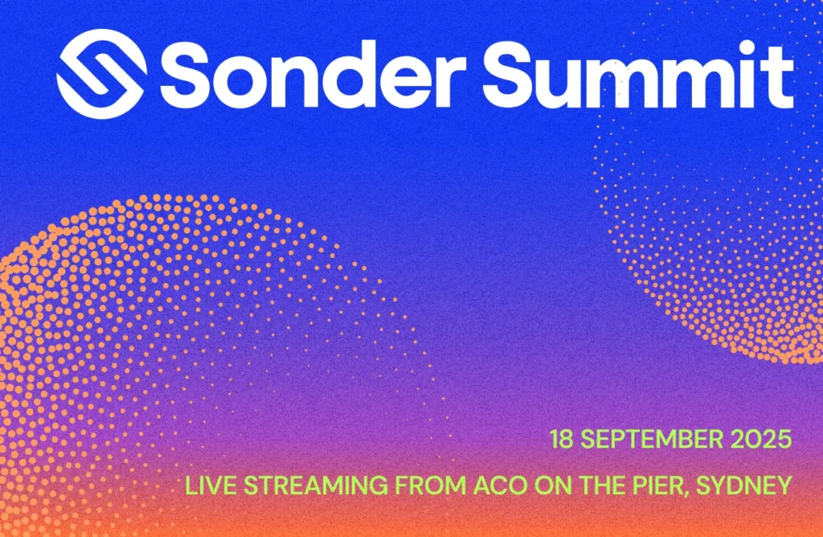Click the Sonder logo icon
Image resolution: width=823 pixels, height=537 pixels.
coord(101,74)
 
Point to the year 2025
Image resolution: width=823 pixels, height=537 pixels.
coord(764,440)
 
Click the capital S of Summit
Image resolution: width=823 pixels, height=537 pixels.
coord(512,75)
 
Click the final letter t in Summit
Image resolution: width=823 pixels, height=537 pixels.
coord(779,76)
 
